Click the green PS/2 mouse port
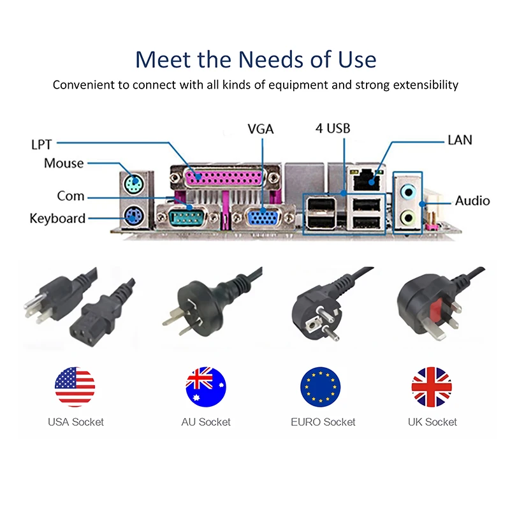(133, 184)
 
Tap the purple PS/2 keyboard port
(133, 216)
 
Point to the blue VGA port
(263, 217)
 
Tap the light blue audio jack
(408, 192)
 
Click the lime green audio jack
(408, 217)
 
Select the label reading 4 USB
(333, 129)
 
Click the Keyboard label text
(57, 219)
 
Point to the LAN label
(460, 140)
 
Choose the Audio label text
(472, 201)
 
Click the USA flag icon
(75, 387)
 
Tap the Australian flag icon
(206, 387)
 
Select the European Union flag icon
(321, 387)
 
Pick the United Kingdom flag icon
(432, 387)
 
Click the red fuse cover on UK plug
(437, 308)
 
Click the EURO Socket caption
(323, 422)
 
